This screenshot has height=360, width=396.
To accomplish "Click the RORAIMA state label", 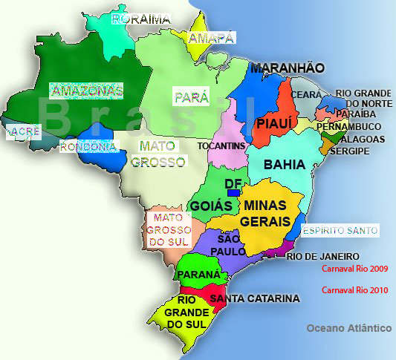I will click(140, 19).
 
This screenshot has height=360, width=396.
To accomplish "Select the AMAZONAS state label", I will click(85, 90).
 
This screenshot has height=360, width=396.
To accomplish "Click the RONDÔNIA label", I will click(88, 146).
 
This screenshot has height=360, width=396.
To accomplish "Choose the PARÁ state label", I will click(191, 97).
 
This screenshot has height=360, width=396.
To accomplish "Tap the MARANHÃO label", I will click(287, 68).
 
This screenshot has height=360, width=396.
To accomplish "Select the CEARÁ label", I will click(307, 95).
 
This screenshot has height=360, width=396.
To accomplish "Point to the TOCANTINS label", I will click(221, 146).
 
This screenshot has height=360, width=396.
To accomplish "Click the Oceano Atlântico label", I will click(348, 328).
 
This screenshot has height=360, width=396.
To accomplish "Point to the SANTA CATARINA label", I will click(254, 298).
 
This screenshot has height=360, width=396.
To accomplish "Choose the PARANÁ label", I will click(198, 275).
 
